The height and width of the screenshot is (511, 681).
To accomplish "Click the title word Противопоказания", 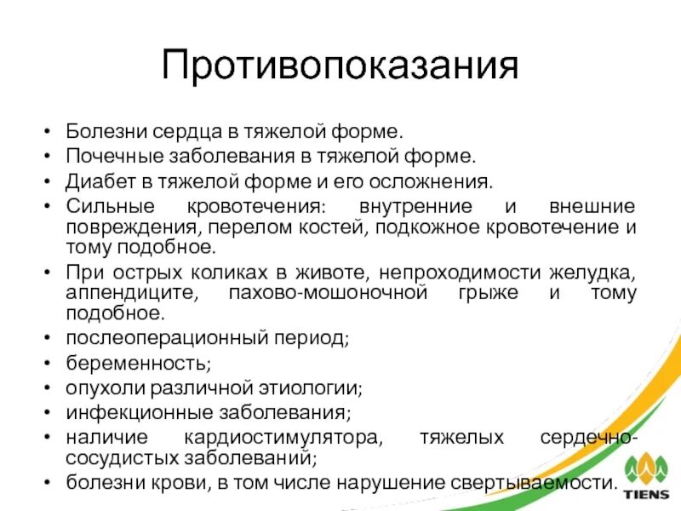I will click(x=340, y=66).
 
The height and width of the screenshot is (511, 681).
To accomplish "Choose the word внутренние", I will click(x=404, y=207).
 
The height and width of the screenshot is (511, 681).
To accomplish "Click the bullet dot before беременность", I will click(x=46, y=363).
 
